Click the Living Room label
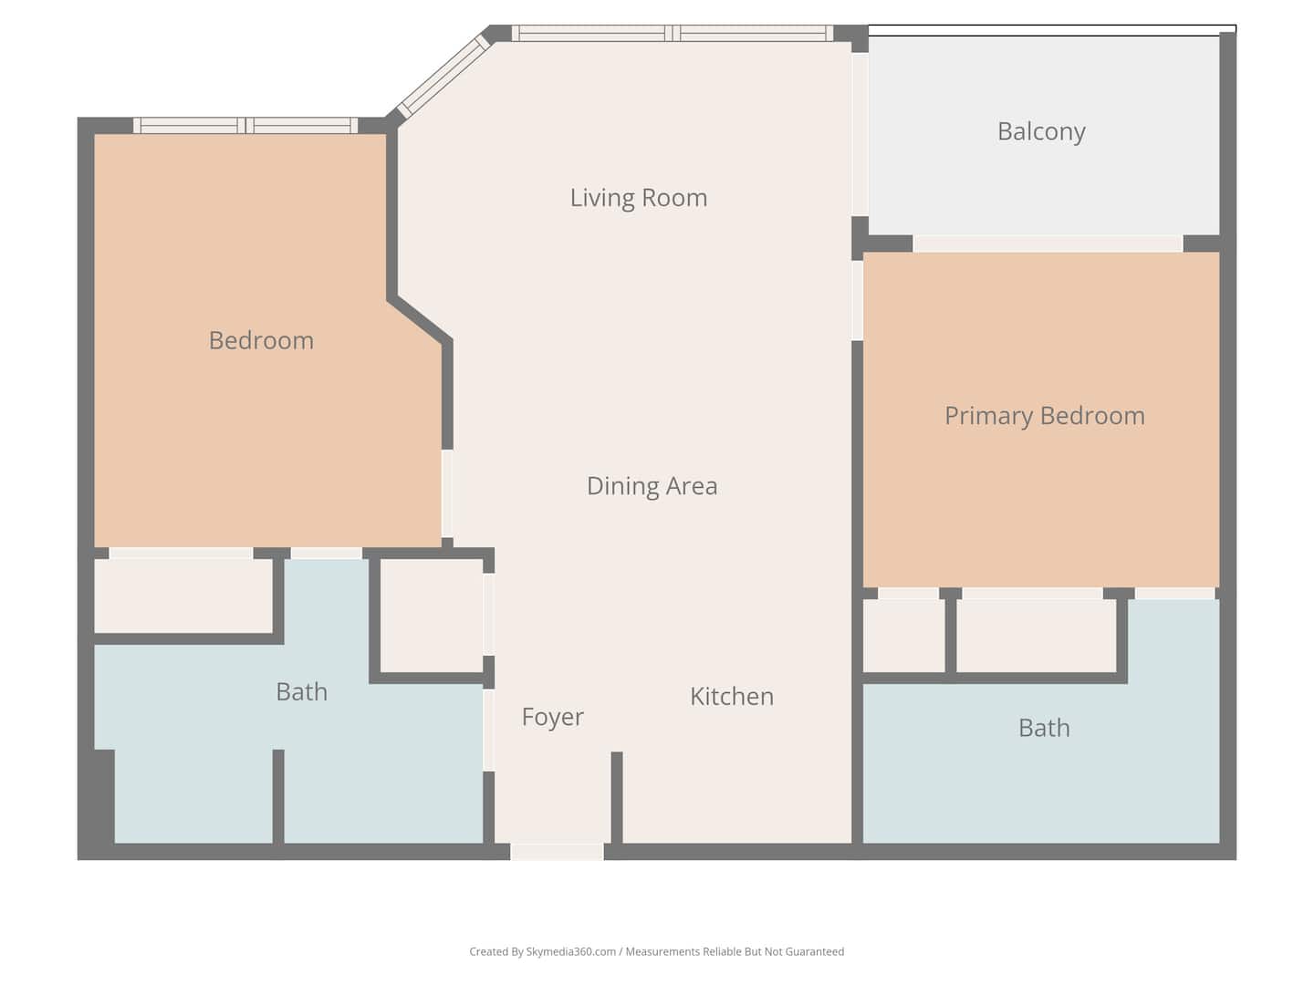pos(638,198)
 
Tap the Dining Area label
pos(652,485)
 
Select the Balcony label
pos(1041,132)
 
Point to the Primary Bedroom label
pos(1045,416)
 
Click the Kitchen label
pos(732,696)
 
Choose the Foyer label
pos(553,717)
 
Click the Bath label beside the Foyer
pos(302,692)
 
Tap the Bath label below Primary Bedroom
pos(1044,728)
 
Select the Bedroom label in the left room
pos(261,340)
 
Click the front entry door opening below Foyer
pos(557,852)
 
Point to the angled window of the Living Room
pos(443,77)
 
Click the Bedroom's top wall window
pos(245,126)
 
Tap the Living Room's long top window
pos(673,34)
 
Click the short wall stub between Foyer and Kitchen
pos(617,797)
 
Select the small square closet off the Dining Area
pos(432,616)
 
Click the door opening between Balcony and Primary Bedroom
pos(1048,244)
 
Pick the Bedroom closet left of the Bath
pos(183,596)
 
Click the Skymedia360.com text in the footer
pos(571,951)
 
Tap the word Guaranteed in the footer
pos(815,951)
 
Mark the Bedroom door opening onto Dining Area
pos(447,493)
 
